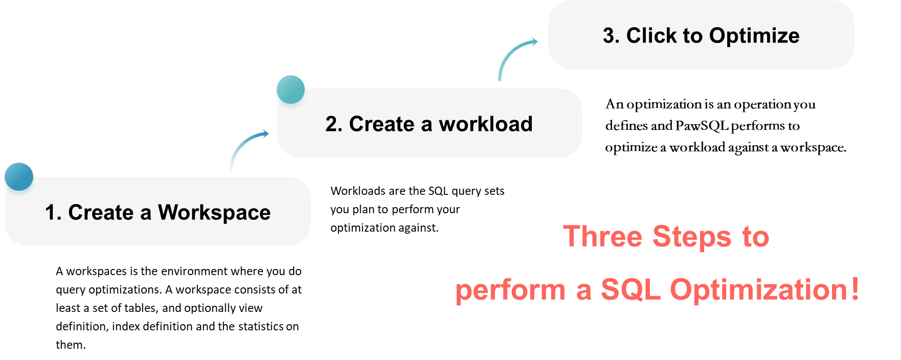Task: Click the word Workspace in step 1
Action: (x=214, y=213)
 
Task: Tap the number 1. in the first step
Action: (x=53, y=213)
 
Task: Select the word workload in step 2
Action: (x=485, y=124)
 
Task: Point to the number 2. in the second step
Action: (x=334, y=124)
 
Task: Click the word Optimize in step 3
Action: (x=754, y=36)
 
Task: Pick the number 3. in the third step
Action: (x=611, y=36)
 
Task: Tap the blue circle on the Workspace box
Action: (x=18, y=177)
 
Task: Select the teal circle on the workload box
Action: (x=290, y=89)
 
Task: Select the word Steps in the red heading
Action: (x=692, y=237)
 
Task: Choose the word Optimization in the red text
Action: (x=759, y=290)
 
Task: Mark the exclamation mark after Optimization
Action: (x=855, y=289)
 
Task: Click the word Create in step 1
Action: (x=101, y=213)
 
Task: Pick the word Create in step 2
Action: (x=381, y=124)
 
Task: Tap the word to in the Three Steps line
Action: (x=756, y=237)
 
